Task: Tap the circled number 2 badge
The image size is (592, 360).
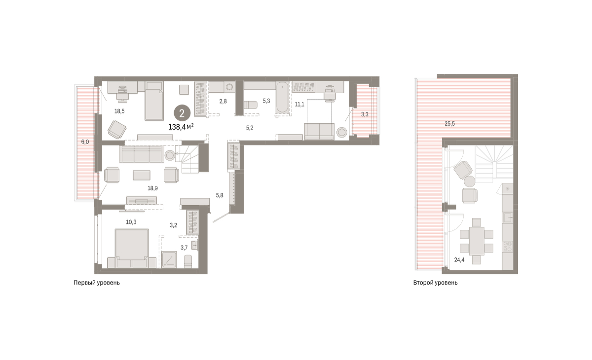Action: pos(182,113)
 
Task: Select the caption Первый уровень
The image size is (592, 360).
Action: pos(97,283)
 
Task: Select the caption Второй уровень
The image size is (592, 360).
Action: pos(435,283)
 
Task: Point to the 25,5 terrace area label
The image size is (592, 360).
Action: pos(449,124)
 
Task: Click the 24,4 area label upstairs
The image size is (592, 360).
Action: pos(459,260)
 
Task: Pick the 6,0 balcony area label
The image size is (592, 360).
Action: pos(85,142)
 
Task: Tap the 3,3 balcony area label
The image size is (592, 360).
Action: pos(365,114)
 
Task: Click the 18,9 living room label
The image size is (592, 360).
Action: pos(152,188)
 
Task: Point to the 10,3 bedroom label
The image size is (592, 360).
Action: pos(131,222)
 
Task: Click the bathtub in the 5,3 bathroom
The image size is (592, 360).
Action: pos(282,98)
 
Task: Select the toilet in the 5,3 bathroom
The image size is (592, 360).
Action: pos(250,105)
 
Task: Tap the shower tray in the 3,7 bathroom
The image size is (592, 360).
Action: pos(169,259)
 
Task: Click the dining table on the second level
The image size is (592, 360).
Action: pos(477,241)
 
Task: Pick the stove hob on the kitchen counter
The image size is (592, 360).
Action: pos(508,247)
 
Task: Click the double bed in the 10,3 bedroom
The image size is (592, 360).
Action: pos(132,248)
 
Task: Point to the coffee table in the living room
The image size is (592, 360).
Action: pos(142,175)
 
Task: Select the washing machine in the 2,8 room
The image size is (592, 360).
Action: pos(229,87)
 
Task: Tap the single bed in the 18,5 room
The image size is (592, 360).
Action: pos(154,101)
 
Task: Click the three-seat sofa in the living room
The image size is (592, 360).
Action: pos(142,154)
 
